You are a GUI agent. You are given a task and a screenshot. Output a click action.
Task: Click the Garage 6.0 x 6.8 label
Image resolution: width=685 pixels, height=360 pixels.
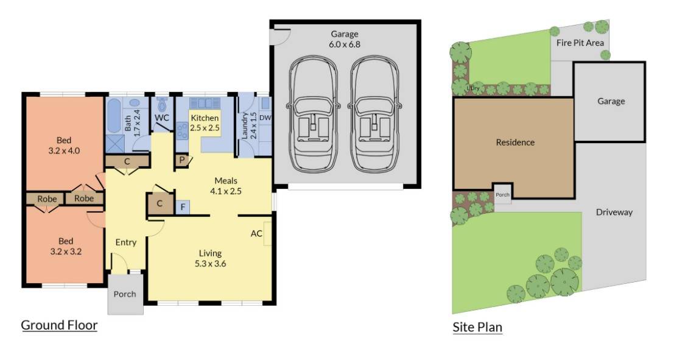tap(344, 39)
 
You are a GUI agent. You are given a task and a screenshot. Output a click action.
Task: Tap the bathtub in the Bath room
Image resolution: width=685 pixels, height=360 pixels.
tap(114, 116)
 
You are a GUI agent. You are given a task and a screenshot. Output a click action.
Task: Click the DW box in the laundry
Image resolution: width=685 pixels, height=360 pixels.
tap(265, 118)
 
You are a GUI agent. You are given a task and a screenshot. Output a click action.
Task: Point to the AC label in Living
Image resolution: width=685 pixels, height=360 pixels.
tap(256, 233)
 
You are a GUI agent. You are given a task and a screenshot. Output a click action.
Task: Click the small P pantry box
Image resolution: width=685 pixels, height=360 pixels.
tap(181, 160)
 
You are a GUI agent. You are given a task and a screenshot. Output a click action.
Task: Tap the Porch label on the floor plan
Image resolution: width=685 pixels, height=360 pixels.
tap(125, 294)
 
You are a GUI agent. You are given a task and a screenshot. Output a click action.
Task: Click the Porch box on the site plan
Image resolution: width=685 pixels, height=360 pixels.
tap(502, 194)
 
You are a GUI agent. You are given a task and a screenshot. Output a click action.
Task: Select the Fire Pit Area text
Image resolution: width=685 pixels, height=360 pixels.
tap(580, 43)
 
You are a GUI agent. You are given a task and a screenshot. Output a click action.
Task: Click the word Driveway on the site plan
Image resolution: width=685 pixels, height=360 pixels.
tap(614, 212)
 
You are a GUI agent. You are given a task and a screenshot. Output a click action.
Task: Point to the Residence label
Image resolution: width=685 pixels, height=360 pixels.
tap(515, 142)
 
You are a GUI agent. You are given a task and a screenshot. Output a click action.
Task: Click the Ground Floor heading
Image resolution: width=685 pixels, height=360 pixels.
tap(59, 325)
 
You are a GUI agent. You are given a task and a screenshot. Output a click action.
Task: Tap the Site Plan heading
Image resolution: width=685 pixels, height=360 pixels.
tap(477, 327)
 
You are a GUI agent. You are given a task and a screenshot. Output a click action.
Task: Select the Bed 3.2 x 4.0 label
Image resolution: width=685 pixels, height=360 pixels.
tap(64, 145)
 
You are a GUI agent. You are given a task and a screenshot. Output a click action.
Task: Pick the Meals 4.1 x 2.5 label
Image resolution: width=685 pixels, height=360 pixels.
tap(225, 186)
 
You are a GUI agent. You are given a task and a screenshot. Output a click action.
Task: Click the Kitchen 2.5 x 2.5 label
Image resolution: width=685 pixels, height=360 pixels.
tap(205, 122)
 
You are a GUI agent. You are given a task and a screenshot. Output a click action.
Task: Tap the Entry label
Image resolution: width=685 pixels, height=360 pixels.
tap(125, 242)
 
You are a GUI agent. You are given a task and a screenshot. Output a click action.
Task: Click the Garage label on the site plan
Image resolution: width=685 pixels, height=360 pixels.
tap(611, 101)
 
